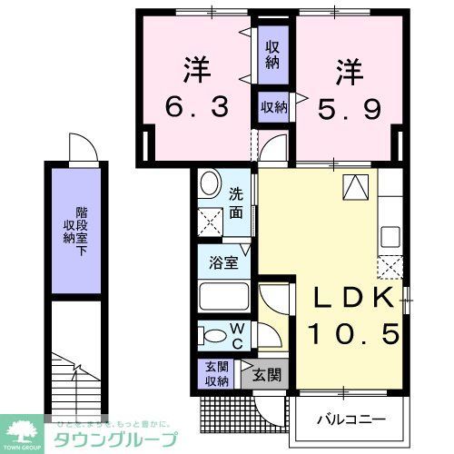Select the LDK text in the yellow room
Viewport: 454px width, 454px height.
pos(344,299)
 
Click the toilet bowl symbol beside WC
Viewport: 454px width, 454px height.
pos(209,335)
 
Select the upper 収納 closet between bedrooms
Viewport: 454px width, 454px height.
pos(272,55)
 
